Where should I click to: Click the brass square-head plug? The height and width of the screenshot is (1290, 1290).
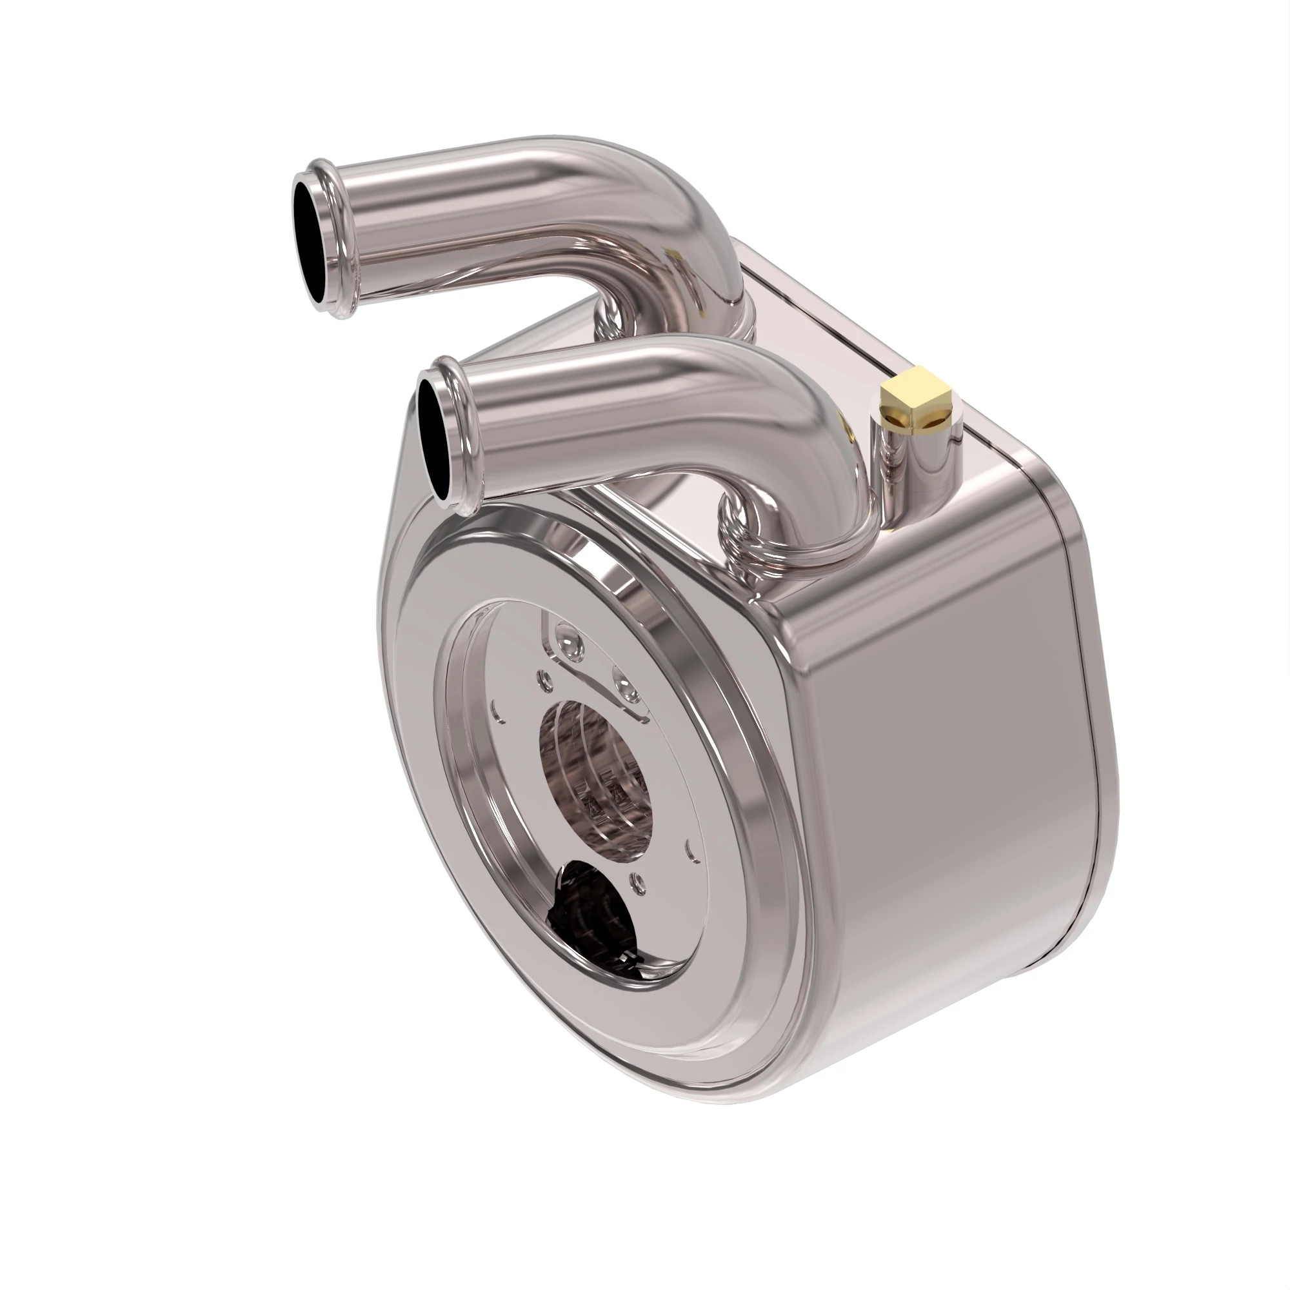coord(917,399)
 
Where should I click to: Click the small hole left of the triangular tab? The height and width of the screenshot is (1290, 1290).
coord(547,680)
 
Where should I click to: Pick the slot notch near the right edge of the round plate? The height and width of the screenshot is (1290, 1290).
coord(689,848)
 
